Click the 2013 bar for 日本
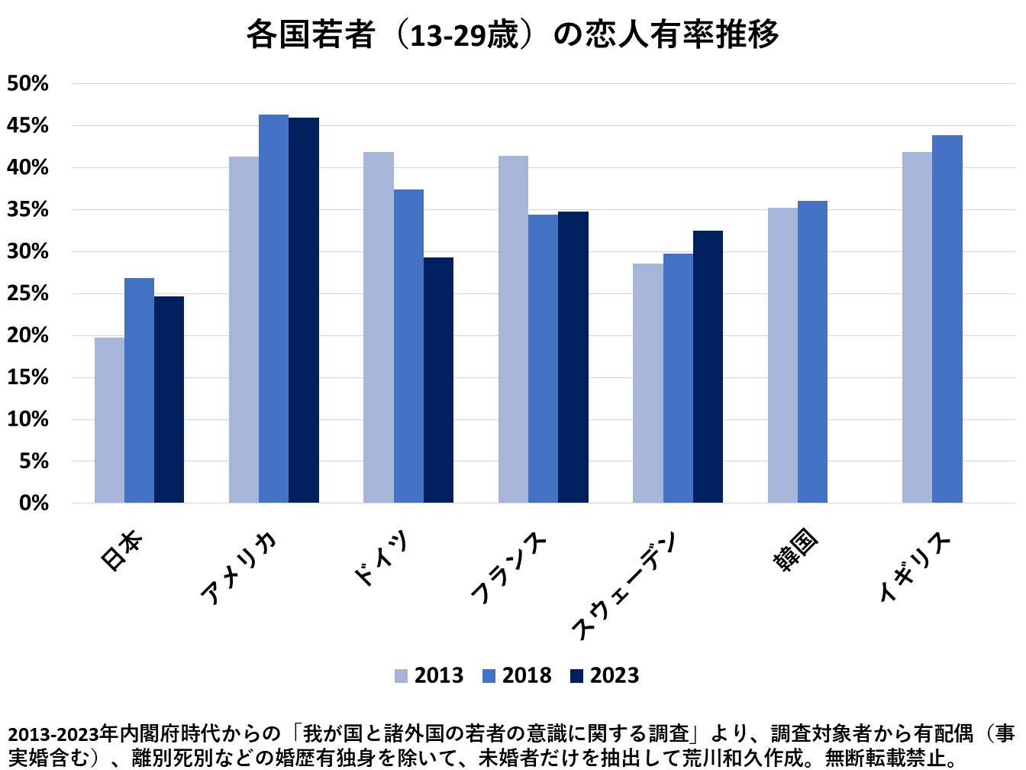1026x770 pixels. coord(109,420)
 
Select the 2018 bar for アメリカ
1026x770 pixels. coord(273,309)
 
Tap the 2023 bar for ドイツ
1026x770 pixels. coord(438,380)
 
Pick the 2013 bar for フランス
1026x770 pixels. coord(513,329)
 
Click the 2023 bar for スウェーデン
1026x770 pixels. coord(708,367)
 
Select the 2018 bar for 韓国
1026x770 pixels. coord(812,351)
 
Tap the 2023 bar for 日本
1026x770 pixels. coord(169,400)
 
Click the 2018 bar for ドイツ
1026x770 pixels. coord(408,346)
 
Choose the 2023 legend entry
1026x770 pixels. coord(605,675)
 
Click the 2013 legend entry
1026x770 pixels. coord(429,675)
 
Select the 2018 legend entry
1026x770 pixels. coord(517,675)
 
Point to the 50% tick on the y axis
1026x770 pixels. coord(28,84)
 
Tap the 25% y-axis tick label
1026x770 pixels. coord(28,294)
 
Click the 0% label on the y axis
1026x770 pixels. coord(34,503)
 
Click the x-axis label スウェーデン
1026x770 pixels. coord(624,586)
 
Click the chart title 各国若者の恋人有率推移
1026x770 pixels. coord(512,35)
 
